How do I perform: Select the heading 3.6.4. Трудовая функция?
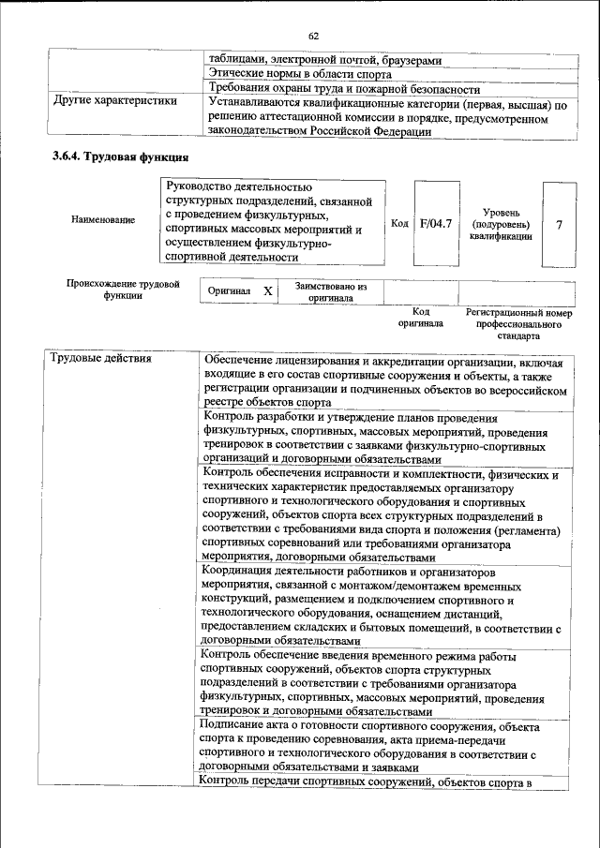[121, 157]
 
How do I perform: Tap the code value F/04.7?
[436, 224]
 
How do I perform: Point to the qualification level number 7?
[560, 225]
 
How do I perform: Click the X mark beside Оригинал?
[267, 291]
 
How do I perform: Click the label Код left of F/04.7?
[399, 224]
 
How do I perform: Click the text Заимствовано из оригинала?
[330, 292]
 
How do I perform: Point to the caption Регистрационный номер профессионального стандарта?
[518, 323]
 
